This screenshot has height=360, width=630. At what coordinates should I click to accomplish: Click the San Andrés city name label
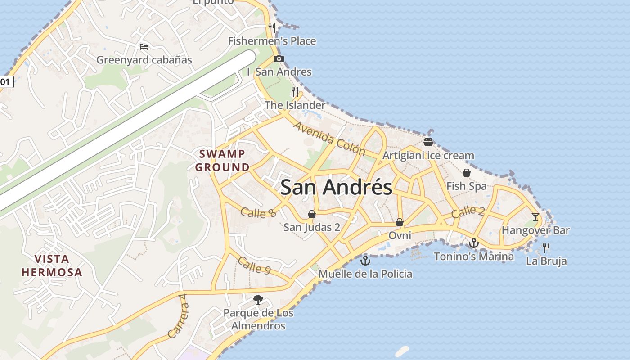pyautogui.click(x=336, y=187)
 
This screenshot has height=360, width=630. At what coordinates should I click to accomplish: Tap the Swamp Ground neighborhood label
pyautogui.click(x=222, y=161)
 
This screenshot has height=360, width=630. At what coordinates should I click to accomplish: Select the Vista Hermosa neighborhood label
pyautogui.click(x=52, y=265)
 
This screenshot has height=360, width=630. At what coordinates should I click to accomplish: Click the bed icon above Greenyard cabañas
pyautogui.click(x=144, y=47)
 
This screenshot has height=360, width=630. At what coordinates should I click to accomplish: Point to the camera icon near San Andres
pyautogui.click(x=279, y=58)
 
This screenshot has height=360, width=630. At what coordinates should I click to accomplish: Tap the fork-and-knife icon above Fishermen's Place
pyautogui.click(x=272, y=28)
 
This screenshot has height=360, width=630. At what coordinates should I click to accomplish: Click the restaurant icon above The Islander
pyautogui.click(x=295, y=92)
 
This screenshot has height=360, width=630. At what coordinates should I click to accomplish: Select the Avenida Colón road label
pyautogui.click(x=329, y=138)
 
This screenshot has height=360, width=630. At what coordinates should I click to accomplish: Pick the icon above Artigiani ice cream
pyautogui.click(x=428, y=142)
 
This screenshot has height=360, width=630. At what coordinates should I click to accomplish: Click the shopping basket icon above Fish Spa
pyautogui.click(x=467, y=173)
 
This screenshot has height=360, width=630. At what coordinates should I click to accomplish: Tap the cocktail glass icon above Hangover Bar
pyautogui.click(x=535, y=216)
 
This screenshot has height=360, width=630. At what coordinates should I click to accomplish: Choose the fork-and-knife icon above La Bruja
pyautogui.click(x=546, y=247)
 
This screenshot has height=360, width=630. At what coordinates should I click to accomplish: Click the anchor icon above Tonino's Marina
pyautogui.click(x=473, y=243)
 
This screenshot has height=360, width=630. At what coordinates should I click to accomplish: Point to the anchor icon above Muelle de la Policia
pyautogui.click(x=365, y=260)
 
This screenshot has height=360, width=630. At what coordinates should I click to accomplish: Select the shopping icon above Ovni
pyautogui.click(x=399, y=222)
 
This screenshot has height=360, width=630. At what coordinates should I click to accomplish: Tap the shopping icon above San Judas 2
pyautogui.click(x=311, y=214)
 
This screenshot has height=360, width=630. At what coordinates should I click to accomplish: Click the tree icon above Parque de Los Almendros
pyautogui.click(x=258, y=299)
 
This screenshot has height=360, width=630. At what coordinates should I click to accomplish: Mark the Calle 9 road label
pyautogui.click(x=254, y=265)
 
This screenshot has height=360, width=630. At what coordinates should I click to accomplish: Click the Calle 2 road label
pyautogui.click(x=468, y=211)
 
